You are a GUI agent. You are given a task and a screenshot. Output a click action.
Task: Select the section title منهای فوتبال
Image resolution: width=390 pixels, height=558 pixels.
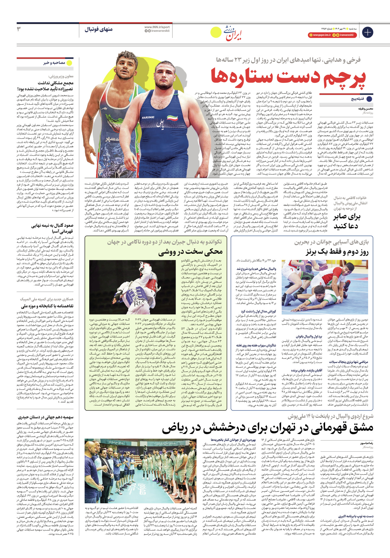pos(99,29)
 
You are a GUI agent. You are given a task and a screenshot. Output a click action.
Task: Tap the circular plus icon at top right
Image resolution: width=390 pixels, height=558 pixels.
pos(367,32)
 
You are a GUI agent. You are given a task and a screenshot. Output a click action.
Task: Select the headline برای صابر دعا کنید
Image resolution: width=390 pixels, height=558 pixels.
pos(346,221)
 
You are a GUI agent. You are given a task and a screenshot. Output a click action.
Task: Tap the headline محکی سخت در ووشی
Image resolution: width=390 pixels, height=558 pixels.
pos(191,252)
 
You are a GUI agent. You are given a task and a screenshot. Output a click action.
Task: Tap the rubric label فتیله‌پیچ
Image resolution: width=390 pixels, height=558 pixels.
pos(358,99)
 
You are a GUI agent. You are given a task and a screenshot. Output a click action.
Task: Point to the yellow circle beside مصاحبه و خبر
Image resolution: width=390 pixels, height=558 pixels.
pos(70,63)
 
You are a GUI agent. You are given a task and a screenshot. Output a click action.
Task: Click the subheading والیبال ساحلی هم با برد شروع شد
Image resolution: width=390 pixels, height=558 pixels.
pos(256,269)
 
